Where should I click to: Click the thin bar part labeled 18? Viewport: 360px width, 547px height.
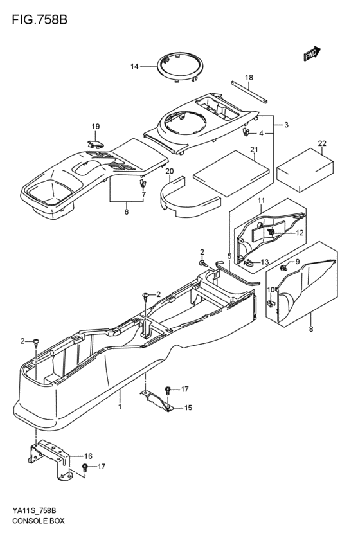248,91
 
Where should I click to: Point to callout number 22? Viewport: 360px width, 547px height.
322,143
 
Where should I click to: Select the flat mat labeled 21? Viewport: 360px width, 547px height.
230,170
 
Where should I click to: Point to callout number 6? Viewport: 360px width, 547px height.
126,211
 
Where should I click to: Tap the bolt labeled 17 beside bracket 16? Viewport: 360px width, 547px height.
85,467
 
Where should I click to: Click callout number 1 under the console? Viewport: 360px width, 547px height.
119,407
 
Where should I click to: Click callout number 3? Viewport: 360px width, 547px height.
286,124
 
